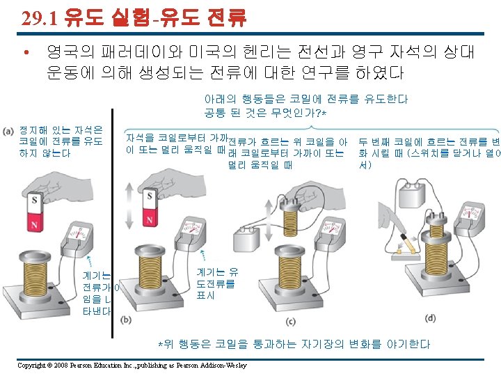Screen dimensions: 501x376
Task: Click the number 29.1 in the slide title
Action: pos(40,19)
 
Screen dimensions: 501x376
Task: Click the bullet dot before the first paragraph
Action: pos(26,52)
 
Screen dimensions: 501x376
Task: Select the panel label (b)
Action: pos(127,319)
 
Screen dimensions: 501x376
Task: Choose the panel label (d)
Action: pos(431,318)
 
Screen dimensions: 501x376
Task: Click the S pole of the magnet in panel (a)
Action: pos(34,203)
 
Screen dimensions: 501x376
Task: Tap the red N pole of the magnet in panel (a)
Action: pos(34,222)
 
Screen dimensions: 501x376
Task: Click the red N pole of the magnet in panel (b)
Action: pos(149,217)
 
